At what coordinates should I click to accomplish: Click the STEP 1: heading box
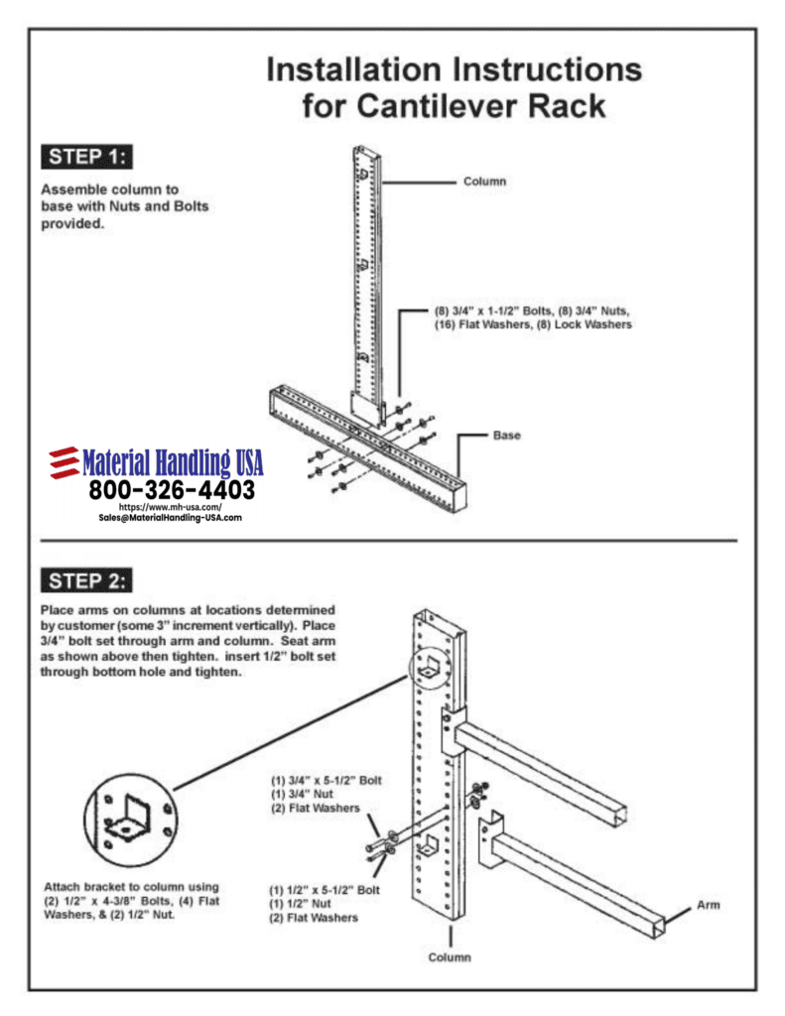(x=87, y=157)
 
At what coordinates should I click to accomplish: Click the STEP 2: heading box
(x=87, y=579)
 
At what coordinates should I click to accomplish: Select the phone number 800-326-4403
(x=172, y=490)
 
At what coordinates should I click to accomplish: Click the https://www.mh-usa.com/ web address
(x=171, y=507)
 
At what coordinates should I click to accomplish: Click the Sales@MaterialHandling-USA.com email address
(x=171, y=518)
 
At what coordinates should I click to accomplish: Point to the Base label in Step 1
(x=508, y=435)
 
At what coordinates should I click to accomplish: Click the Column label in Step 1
(x=484, y=182)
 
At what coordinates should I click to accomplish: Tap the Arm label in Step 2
(x=708, y=905)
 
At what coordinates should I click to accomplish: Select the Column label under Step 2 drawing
(x=450, y=957)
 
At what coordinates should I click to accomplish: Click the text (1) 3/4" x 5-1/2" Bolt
(x=327, y=780)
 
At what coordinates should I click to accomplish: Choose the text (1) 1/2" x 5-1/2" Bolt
(x=325, y=890)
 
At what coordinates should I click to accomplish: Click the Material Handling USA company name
(x=173, y=462)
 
